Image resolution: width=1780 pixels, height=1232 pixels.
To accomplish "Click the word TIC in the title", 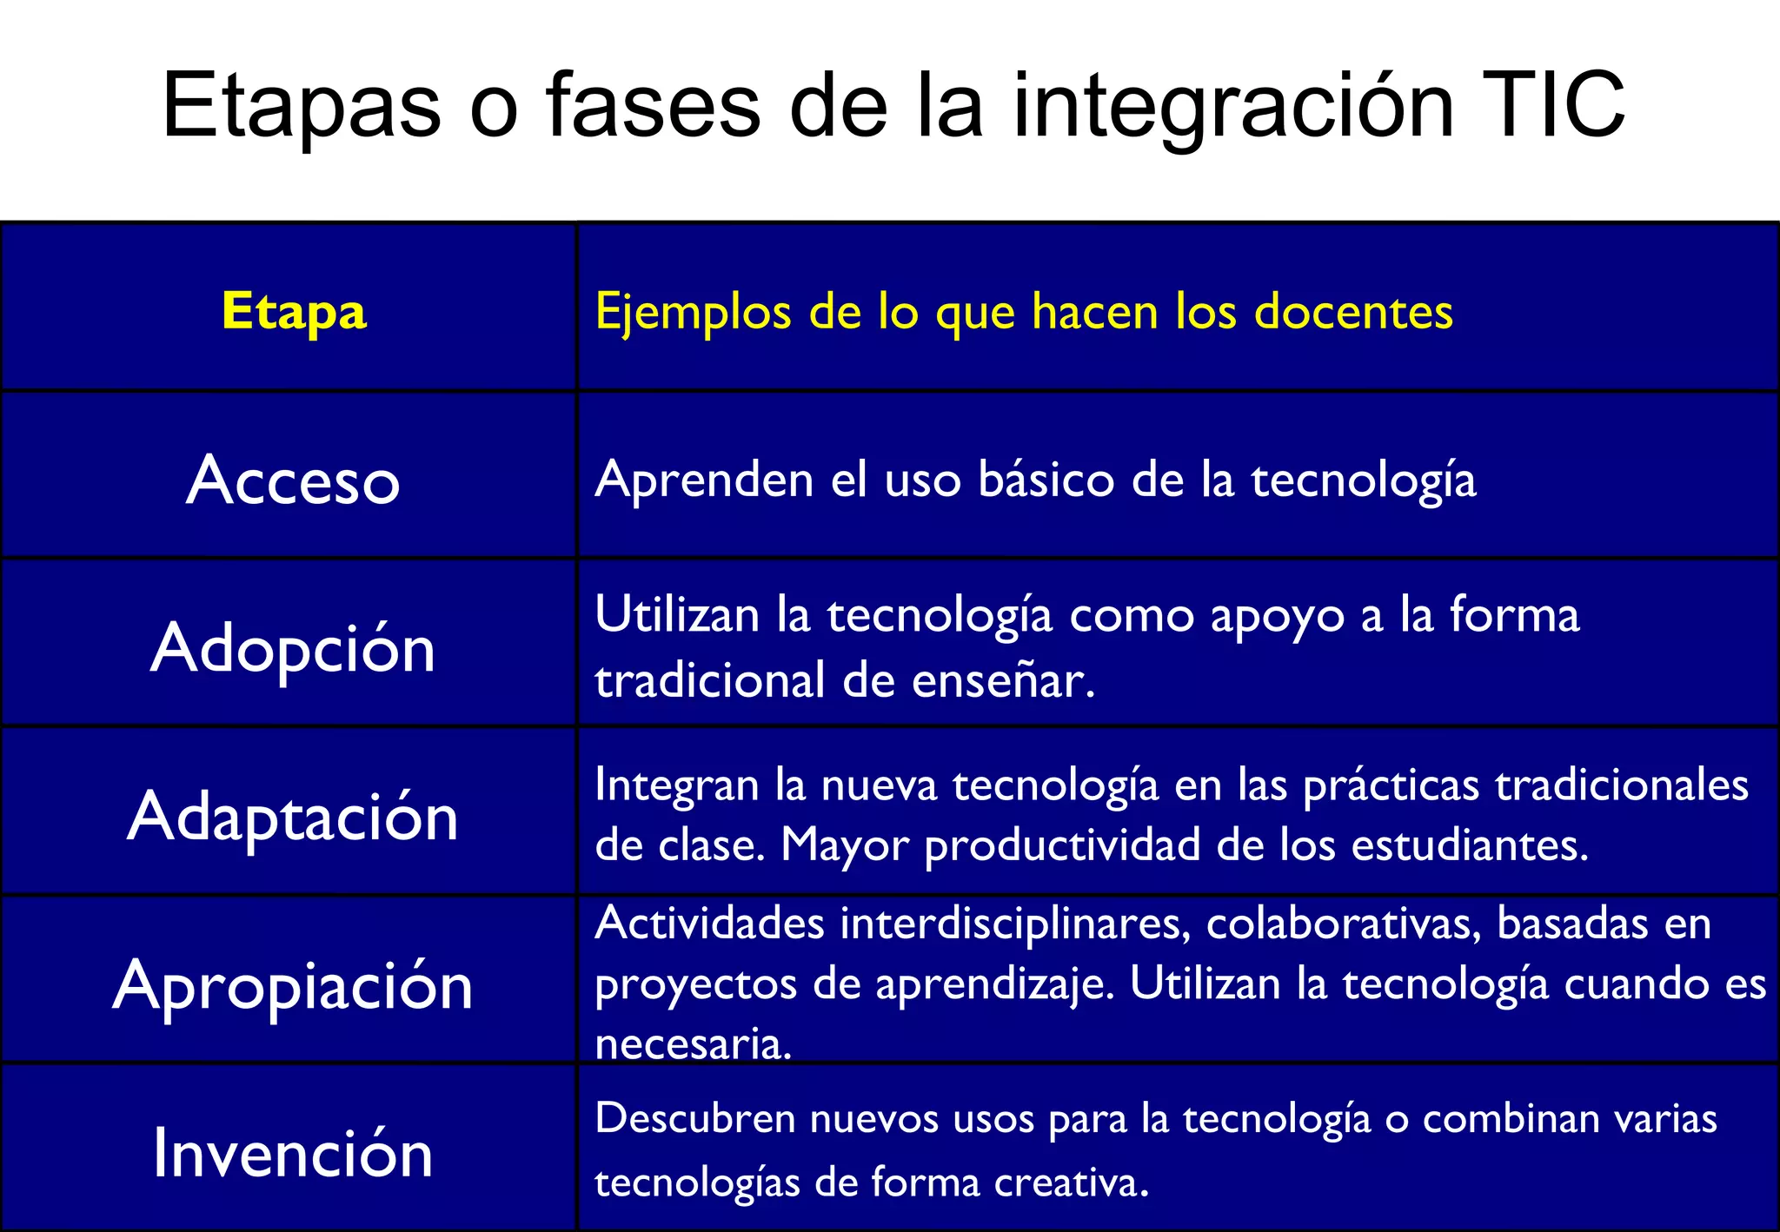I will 1552,105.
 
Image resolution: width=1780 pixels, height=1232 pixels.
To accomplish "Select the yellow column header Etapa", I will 294,312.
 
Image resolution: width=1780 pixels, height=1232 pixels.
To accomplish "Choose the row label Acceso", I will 293,480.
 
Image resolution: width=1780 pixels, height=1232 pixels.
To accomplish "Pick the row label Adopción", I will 293,648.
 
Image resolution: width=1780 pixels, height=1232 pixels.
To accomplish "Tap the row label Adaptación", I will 293,817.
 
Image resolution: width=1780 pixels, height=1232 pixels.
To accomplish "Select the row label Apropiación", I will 293,985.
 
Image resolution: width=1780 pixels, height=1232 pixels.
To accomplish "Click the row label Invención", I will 293,1154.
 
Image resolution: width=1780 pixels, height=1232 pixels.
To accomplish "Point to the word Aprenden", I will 704,480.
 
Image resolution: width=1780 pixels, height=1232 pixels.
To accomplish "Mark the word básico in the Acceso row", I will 1046,480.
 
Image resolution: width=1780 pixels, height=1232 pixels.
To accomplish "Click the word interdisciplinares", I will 1015,924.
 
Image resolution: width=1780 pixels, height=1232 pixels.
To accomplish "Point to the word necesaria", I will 693,1043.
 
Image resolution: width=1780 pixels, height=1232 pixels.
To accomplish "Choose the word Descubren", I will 695,1119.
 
